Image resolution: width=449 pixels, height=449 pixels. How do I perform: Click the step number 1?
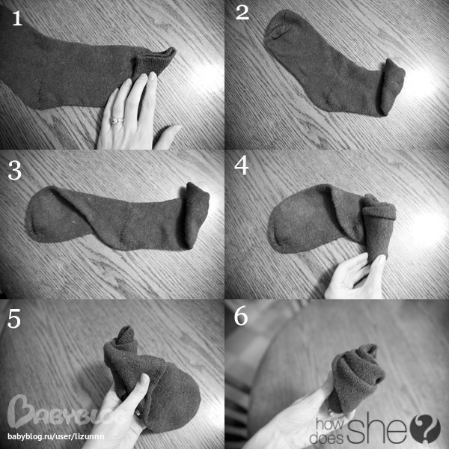coord(17,19)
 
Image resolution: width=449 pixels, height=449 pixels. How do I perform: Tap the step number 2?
coord(242,13)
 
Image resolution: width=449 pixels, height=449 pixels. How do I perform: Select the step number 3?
coord(15,171)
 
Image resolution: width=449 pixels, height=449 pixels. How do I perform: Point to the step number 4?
coord(241,166)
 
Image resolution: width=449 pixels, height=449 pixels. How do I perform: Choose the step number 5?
coord(14,319)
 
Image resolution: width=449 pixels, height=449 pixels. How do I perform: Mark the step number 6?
coord(241,317)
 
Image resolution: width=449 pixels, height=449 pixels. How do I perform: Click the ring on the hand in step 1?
coord(117,120)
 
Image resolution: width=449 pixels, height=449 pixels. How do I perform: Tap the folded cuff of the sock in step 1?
coord(155,63)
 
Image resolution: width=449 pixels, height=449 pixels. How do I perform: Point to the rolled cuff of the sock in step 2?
coord(392,86)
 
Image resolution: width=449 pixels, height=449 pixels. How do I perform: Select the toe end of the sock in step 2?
coord(279,27)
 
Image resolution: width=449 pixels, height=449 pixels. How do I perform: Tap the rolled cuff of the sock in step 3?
coord(196,214)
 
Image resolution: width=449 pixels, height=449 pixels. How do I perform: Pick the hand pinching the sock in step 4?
coord(355,276)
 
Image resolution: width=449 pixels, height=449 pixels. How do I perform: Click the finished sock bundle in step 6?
coord(355,378)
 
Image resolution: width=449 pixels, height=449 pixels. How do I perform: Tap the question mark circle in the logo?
coord(425,429)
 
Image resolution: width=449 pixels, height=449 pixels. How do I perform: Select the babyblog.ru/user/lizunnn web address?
coord(56,437)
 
